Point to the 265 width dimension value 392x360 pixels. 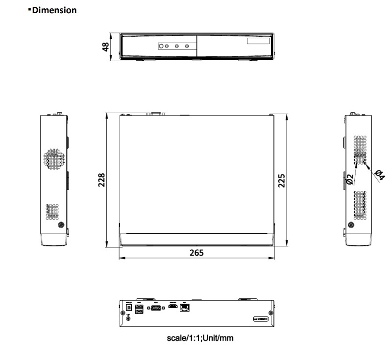[197, 253]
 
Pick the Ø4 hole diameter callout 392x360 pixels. [379, 175]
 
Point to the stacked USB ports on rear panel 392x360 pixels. [139, 310]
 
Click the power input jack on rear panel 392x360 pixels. [129, 307]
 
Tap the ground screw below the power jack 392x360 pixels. [129, 318]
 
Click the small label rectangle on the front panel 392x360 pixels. [258, 42]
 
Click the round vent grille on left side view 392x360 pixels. [53, 157]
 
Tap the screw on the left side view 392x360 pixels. [61, 225]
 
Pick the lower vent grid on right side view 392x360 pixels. [360, 204]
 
